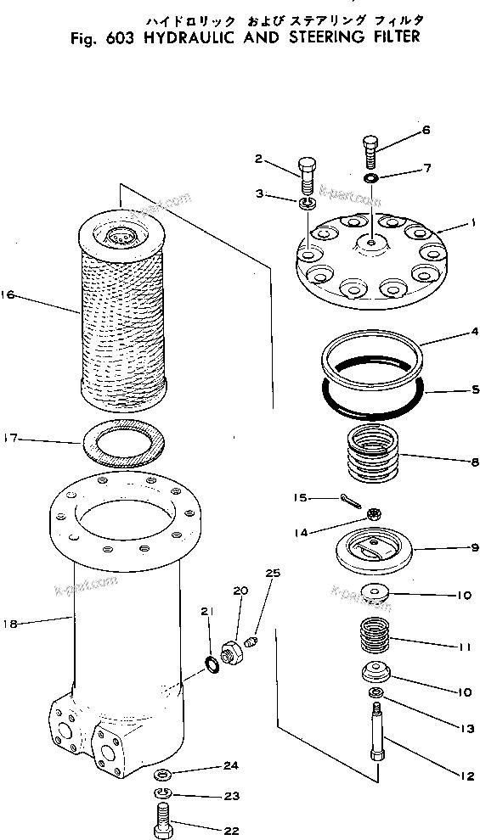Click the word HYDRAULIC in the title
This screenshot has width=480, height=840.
tap(165, 38)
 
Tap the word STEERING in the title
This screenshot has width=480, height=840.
tap(319, 38)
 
